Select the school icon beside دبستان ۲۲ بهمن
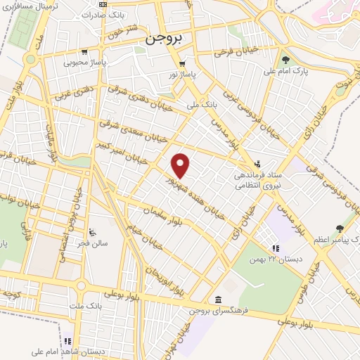click(276, 247)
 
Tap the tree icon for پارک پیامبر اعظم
click(340, 228)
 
